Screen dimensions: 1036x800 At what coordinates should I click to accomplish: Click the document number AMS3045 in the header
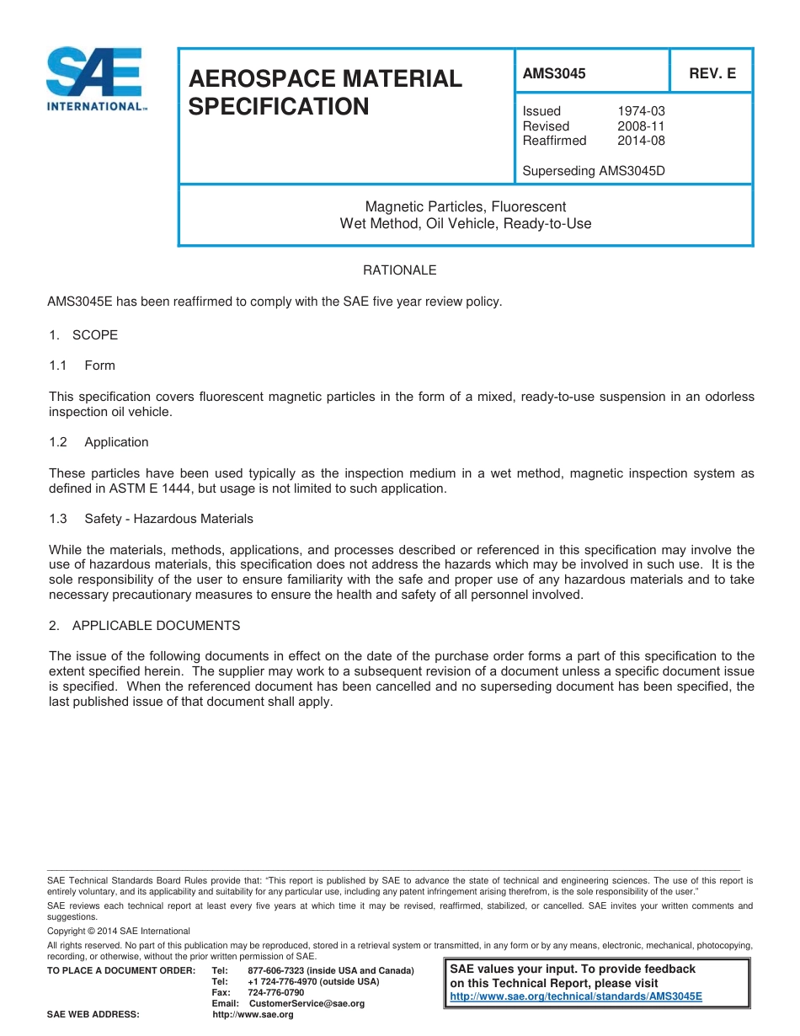pos(553,73)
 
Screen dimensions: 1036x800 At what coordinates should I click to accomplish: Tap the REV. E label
pos(712,73)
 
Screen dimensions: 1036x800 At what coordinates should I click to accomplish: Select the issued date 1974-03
pos(641,111)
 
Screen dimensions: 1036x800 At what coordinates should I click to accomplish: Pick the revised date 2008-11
pos(641,126)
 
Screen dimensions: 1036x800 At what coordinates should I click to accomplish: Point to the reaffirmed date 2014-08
pos(641,141)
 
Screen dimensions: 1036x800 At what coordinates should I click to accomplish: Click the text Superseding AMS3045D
pos(594,171)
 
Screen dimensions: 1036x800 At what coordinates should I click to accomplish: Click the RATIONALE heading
pos(399,270)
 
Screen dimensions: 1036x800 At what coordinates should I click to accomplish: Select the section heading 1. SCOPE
pos(83,335)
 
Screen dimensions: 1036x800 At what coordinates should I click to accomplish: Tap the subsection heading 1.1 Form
pos(82,366)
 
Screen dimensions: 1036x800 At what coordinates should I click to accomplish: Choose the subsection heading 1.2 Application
pos(99,442)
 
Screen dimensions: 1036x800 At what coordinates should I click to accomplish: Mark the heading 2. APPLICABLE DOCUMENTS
pos(144,626)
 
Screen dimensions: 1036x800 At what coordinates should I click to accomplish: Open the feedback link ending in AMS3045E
pos(576,996)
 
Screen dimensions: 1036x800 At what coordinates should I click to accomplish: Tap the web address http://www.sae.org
pos(253,1015)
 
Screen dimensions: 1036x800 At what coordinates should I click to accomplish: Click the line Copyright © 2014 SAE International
pos(119,932)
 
